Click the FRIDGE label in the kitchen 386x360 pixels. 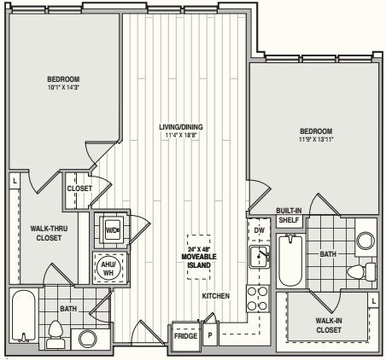(185, 336)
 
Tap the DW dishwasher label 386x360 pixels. (259, 230)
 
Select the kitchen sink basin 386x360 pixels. (260, 257)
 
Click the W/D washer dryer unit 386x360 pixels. (113, 229)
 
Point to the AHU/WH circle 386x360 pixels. (108, 268)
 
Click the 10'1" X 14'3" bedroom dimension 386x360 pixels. (63, 88)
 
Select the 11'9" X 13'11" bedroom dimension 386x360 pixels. (316, 139)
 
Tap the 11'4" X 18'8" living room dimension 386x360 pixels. (181, 135)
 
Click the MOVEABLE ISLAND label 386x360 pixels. (199, 261)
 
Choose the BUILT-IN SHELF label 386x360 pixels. (289, 215)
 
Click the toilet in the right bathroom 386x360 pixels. (361, 272)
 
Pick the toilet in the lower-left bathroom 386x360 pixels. (56, 334)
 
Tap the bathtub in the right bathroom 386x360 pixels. (290, 260)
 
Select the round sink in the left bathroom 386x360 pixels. (87, 340)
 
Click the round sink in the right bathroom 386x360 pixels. (366, 241)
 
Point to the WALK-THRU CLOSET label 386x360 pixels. (49, 233)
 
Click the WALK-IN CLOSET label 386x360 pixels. (329, 325)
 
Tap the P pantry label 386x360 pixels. (210, 335)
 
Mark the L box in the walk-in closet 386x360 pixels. (373, 301)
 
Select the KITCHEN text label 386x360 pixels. (216, 296)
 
